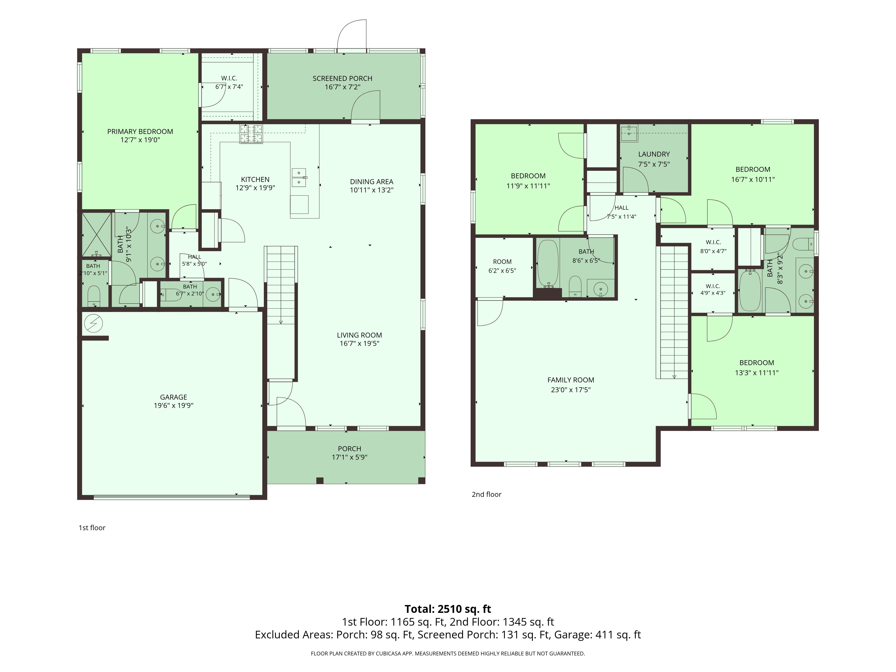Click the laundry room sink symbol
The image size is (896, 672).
629,133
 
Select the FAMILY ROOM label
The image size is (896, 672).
571,380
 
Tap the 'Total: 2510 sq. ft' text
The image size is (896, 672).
448,609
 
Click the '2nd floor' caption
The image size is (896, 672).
487,494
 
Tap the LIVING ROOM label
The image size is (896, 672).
359,335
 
